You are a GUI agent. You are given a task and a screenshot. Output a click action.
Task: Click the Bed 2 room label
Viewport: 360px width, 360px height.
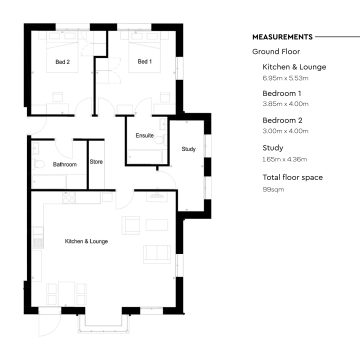62,62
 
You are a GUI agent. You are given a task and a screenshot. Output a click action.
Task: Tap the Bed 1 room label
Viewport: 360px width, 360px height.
144,62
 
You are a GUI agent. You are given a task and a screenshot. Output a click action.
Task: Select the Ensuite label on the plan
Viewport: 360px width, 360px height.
145,135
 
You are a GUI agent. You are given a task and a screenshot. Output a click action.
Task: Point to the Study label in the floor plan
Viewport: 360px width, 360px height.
188,149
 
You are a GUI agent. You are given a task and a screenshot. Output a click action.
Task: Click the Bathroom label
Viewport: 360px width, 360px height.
65,162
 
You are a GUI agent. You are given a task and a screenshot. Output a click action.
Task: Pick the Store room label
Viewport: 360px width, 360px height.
97,162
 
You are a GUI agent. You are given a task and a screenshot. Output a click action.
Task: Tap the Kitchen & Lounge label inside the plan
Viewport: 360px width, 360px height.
86,242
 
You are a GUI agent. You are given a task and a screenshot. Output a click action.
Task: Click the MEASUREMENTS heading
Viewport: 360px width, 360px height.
283,35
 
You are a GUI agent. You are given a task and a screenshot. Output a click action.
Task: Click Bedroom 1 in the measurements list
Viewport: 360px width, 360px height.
275,95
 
